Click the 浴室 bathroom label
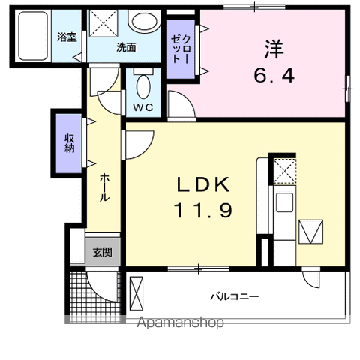(67, 37)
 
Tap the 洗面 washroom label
(125, 47)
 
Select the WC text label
(143, 106)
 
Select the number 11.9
(203, 211)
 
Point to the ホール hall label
(104, 187)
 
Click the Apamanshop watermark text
(180, 322)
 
